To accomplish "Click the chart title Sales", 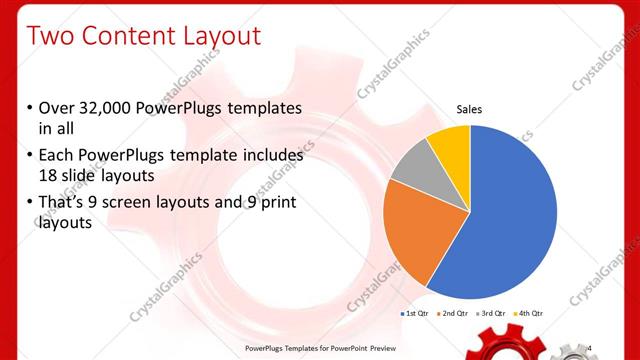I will pyautogui.click(x=469, y=109).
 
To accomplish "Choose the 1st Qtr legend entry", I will pyautogui.click(x=416, y=314).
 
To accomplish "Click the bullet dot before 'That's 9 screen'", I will pyautogui.click(x=30, y=204).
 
